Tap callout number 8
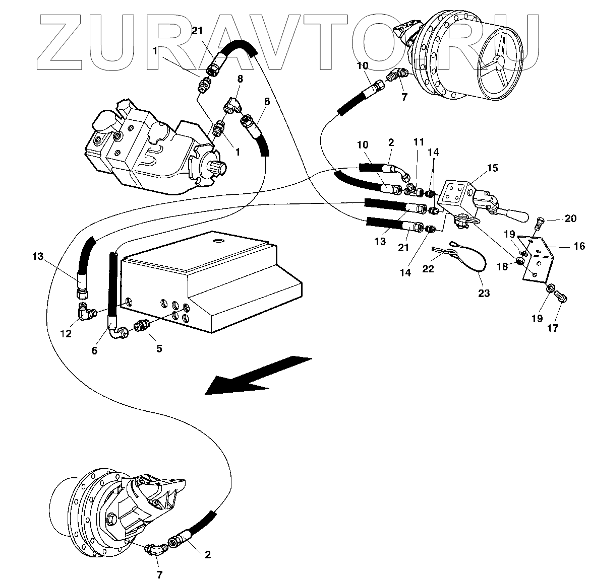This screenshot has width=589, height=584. tap(240, 79)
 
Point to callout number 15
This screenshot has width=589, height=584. tap(492, 168)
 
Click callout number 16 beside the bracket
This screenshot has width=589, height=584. tap(579, 246)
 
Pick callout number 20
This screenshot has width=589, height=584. tap(570, 218)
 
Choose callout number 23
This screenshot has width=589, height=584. tap(484, 293)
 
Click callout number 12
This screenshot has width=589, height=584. tap(67, 333)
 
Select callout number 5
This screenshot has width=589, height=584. tap(159, 348)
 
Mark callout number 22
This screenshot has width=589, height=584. tap(428, 269)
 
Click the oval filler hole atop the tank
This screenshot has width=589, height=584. tap(218, 242)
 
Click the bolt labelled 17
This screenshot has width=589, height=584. tap(562, 298)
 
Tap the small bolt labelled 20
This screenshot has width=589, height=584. tap(540, 220)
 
